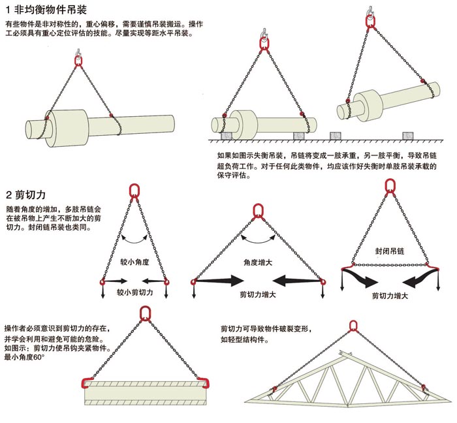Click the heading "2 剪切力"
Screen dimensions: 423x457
coord(25,195)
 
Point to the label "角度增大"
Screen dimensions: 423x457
coord(257,262)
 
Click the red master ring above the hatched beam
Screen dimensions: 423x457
coord(146,313)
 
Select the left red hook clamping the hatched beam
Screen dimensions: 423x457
coord(84,382)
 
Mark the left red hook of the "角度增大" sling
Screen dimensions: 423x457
coord(194,281)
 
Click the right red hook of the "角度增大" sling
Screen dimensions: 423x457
coord(322,281)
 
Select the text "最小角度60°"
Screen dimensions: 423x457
coord(24,358)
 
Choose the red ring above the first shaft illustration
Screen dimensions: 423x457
coord(79,61)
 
